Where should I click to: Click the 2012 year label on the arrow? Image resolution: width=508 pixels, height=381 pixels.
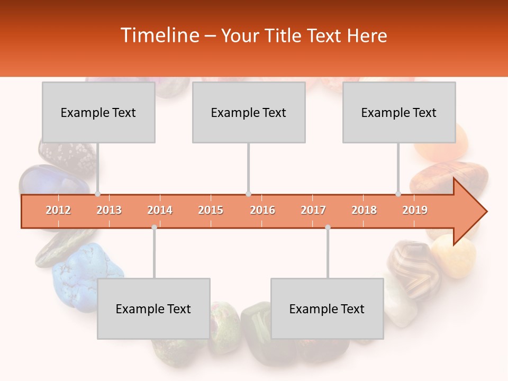pyautogui.click(x=58, y=210)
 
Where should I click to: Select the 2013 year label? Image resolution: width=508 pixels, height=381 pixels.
pyautogui.click(x=109, y=210)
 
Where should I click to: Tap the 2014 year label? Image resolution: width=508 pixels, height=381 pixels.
pyautogui.click(x=160, y=210)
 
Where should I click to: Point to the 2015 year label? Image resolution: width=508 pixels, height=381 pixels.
pyautogui.click(x=211, y=210)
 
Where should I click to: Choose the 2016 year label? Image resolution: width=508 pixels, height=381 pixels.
pyautogui.click(x=262, y=210)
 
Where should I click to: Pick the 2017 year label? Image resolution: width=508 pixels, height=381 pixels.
pyautogui.click(x=313, y=210)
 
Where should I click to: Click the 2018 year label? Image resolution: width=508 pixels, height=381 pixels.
pyautogui.click(x=364, y=210)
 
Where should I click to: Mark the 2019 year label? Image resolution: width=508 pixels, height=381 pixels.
pyautogui.click(x=415, y=210)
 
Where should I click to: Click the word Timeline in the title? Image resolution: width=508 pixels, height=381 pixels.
pyautogui.click(x=159, y=35)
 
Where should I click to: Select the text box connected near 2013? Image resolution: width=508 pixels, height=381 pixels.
pyautogui.click(x=98, y=112)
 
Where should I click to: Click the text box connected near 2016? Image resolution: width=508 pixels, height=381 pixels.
pyautogui.click(x=249, y=112)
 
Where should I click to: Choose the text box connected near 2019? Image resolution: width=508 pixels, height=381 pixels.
pyautogui.click(x=399, y=112)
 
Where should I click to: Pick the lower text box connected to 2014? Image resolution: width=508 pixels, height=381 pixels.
pyautogui.click(x=153, y=309)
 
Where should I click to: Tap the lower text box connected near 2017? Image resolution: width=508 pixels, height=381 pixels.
pyautogui.click(x=327, y=309)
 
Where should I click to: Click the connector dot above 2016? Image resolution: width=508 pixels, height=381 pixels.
pyautogui.click(x=248, y=194)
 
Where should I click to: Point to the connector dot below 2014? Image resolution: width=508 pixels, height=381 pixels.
pyautogui.click(x=154, y=228)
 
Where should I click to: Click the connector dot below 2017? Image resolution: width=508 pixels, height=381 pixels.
pyautogui.click(x=328, y=228)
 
